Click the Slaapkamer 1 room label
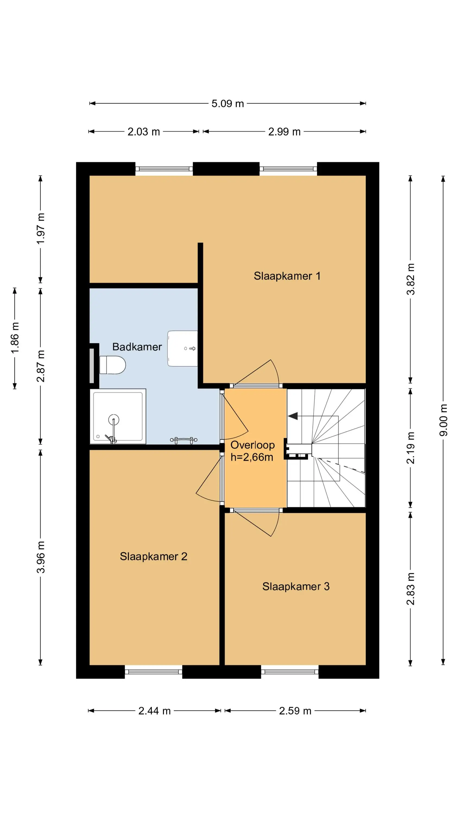pos(287,276)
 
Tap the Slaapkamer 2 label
pos(153,556)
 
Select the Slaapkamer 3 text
pos(296,586)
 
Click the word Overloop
pos(253,445)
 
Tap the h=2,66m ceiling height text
pos(252,457)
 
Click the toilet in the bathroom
pos(113,365)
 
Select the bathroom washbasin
pos(182,349)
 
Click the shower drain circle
pos(113,420)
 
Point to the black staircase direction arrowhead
pos(293,416)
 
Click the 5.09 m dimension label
pos(228,104)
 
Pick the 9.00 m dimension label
pos(443,420)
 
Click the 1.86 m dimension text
pos(15,338)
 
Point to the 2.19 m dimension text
pos(410,448)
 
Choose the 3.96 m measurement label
pos(41,557)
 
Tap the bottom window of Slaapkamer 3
pos(290,672)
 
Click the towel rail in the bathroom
pos(184,440)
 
